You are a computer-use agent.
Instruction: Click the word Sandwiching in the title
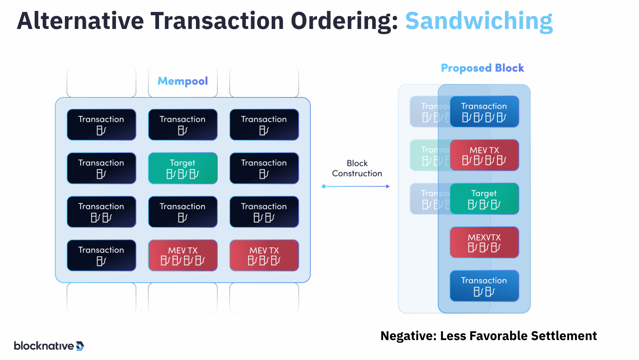coord(479,21)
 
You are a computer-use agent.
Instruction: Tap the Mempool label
coord(183,81)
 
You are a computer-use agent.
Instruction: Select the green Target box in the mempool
coord(183,168)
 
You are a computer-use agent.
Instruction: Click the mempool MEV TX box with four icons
coord(183,255)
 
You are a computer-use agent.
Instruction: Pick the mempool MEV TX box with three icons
coord(264,255)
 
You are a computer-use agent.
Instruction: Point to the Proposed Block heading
coord(482,68)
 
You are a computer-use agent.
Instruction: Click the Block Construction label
coord(357,168)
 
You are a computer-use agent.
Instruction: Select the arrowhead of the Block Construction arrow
coord(388,187)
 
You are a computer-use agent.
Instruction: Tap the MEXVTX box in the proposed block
coord(484,242)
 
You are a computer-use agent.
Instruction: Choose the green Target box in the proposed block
coord(484,199)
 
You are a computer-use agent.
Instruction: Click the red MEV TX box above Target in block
coord(484,155)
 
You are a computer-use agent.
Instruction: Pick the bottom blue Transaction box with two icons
coord(484,286)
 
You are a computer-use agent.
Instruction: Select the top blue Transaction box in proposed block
coord(484,112)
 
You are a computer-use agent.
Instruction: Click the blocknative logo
coord(49,346)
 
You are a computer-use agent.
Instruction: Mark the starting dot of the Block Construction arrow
coord(324,187)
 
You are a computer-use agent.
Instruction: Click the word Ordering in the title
coord(344,21)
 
